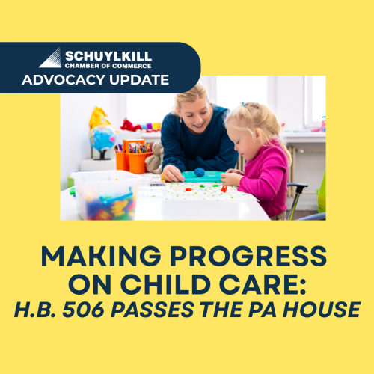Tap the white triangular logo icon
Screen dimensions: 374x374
pos(50,58)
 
